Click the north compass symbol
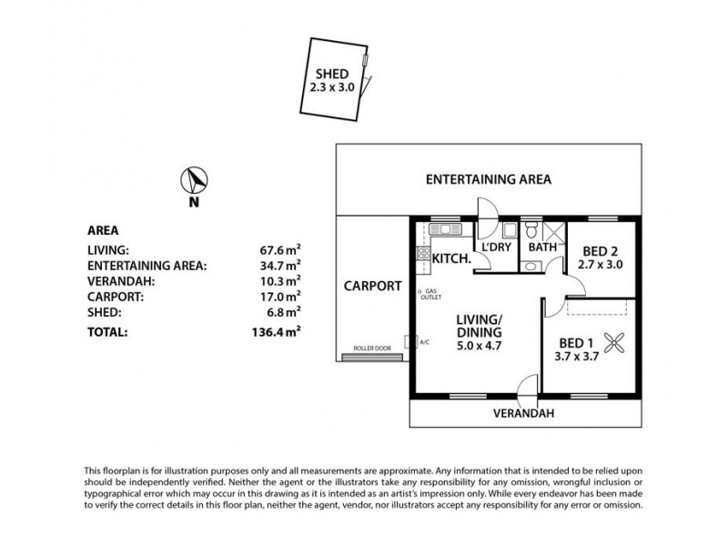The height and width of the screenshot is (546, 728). (x=195, y=179)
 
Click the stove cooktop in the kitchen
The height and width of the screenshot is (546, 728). (x=422, y=256)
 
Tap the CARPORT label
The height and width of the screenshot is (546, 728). (x=372, y=286)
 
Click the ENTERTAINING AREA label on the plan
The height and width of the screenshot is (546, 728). (x=489, y=180)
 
